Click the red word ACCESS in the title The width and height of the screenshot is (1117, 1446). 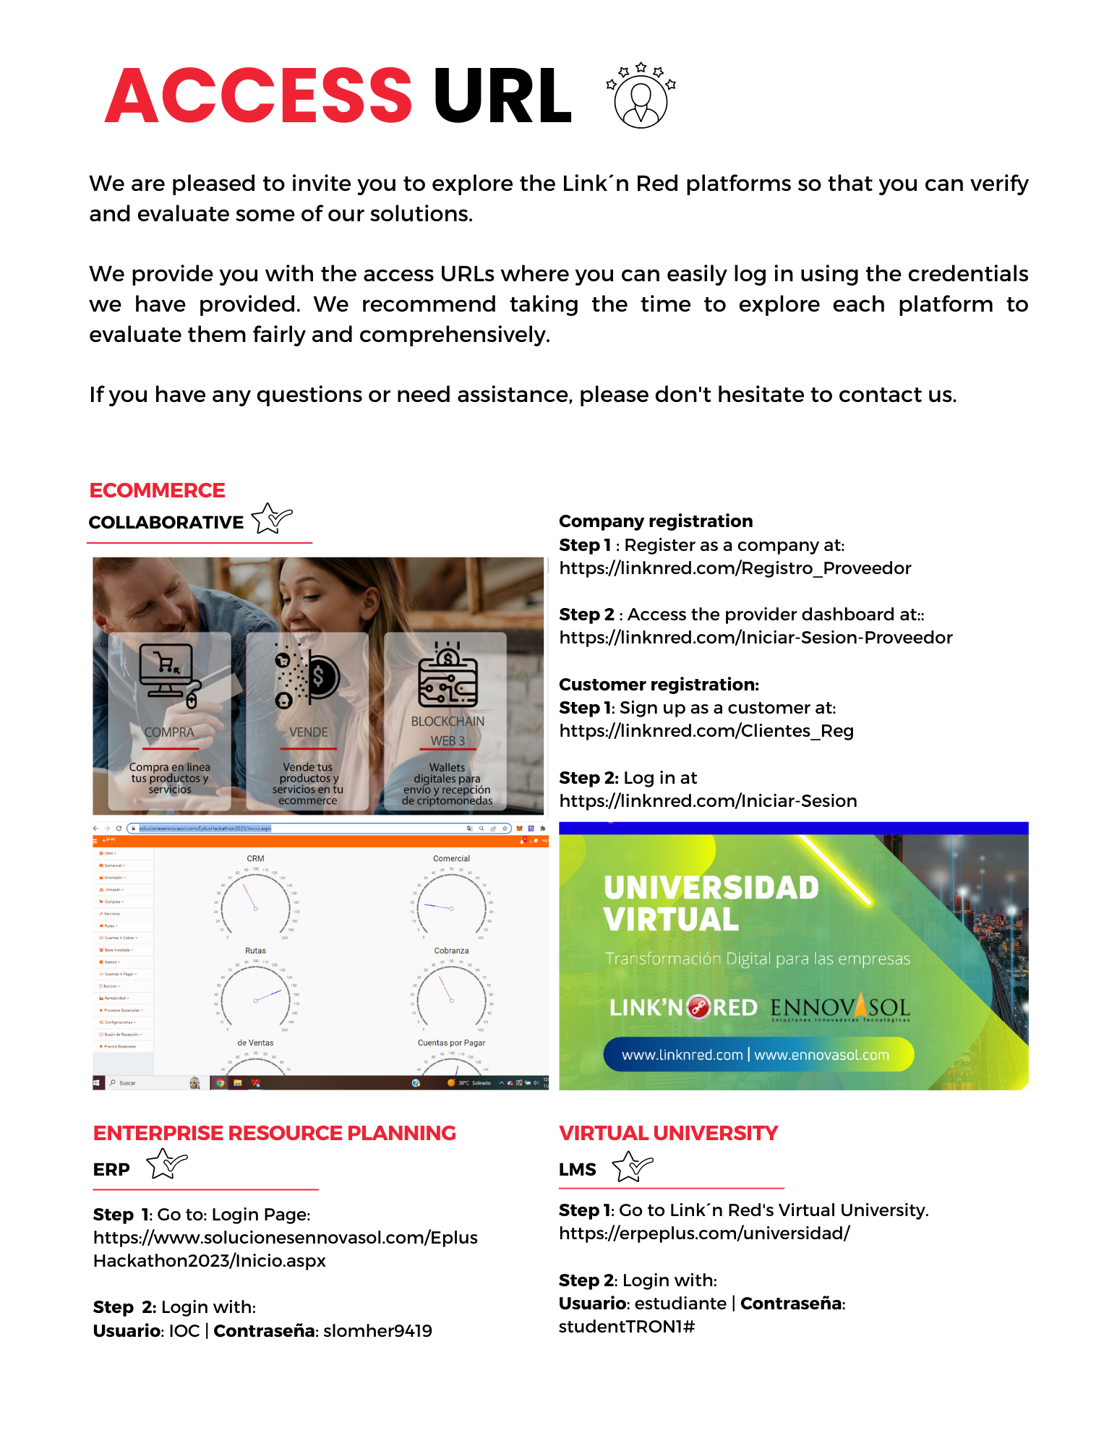(258, 96)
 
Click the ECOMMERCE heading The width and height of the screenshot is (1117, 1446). (157, 490)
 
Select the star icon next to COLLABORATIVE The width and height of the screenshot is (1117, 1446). (271, 518)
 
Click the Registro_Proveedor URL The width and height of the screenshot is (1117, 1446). (735, 568)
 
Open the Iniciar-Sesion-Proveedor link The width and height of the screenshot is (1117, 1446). (756, 638)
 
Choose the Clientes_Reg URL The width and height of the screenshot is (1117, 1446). (706, 731)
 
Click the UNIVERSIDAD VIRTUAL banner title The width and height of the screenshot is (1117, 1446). (711, 903)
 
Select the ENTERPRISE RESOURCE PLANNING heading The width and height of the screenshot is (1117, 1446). (274, 1133)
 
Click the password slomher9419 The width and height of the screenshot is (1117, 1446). (377, 1331)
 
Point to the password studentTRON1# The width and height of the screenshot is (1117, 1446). (626, 1327)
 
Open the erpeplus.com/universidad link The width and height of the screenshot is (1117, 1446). (704, 1233)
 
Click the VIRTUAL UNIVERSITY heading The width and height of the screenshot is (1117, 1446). (668, 1133)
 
